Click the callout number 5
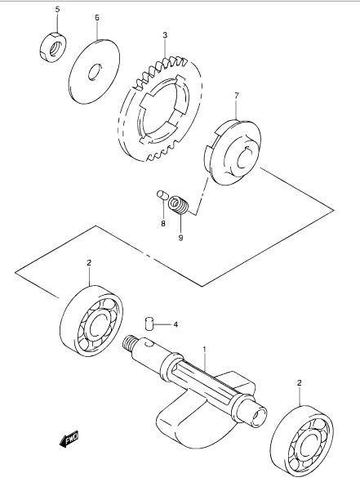(x=57, y=9)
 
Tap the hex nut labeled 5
(x=53, y=47)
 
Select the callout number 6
(x=97, y=17)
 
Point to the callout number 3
(x=165, y=35)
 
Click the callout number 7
(x=236, y=96)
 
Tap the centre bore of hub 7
(x=245, y=158)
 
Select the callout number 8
(x=163, y=224)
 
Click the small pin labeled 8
(x=162, y=195)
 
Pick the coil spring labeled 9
(x=179, y=205)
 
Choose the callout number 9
(x=180, y=238)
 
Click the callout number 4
(x=176, y=324)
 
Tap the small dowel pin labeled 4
(x=149, y=324)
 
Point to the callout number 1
(x=204, y=350)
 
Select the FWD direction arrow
(x=69, y=438)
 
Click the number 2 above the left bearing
(x=89, y=262)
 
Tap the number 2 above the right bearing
(x=299, y=382)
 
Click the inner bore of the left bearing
(x=97, y=327)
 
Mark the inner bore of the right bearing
(x=308, y=445)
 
